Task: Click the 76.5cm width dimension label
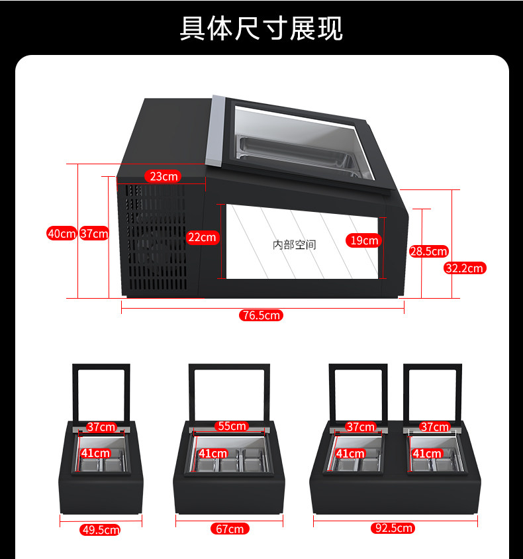pos(261,316)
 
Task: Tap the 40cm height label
pos(61,233)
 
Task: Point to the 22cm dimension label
pos(201,237)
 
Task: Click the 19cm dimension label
pos(364,240)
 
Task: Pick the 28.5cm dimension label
pos(428,251)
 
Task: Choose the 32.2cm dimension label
pos(465,268)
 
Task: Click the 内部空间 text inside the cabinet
pos(295,245)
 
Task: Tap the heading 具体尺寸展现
pos(261,28)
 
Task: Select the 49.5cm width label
pos(100,529)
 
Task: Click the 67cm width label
pos(229,529)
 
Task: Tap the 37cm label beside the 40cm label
pos(94,233)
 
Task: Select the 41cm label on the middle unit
pos(213,454)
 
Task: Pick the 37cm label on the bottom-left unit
pos(101,427)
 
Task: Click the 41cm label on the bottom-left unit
pos(95,453)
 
